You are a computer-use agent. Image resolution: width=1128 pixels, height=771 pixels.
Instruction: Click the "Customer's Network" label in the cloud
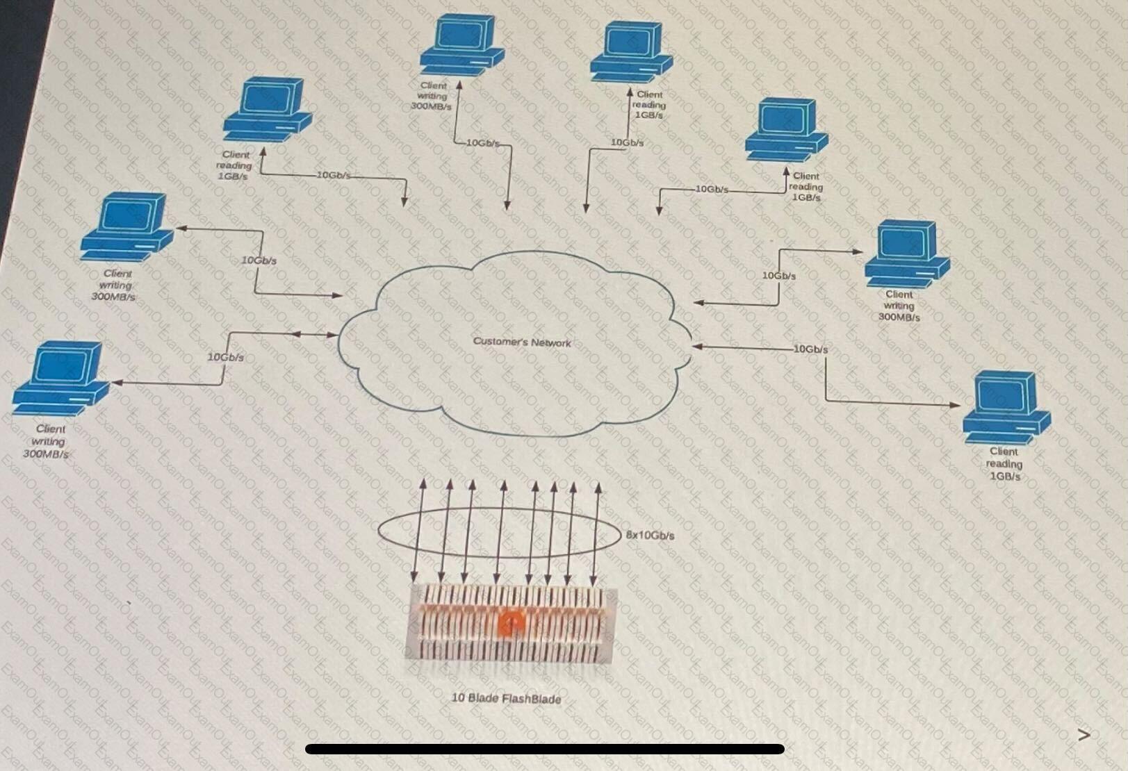click(x=521, y=342)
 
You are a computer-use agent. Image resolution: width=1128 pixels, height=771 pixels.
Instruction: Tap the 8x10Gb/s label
click(x=650, y=536)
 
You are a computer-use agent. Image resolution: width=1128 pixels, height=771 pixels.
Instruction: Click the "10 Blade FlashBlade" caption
click(x=506, y=698)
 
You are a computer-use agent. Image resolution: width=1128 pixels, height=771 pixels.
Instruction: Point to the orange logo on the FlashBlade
click(x=512, y=623)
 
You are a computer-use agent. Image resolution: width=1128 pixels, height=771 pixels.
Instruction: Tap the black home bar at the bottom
click(x=544, y=749)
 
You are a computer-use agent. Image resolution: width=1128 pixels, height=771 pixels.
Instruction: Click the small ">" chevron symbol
click(x=1084, y=735)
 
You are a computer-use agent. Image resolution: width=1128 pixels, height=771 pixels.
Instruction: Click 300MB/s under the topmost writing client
click(x=431, y=107)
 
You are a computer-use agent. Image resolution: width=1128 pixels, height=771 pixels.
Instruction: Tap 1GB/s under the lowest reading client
click(x=1005, y=476)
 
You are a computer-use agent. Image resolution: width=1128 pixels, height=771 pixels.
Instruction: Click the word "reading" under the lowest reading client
click(x=1004, y=464)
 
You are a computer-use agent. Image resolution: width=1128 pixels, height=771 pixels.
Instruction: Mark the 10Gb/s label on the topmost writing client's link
click(x=482, y=143)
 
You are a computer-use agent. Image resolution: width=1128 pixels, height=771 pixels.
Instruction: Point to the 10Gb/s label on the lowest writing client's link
click(x=226, y=357)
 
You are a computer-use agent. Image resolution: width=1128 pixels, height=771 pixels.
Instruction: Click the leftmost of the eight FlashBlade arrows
click(x=418, y=531)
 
